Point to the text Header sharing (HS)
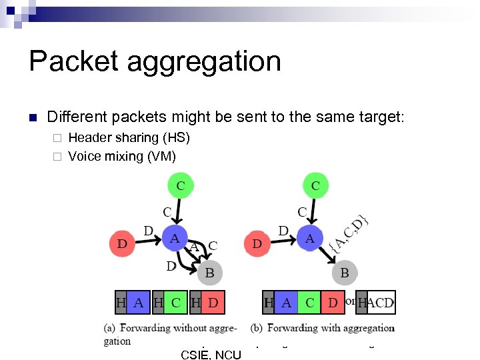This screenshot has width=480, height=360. click(x=129, y=138)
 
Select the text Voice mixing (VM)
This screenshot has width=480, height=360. click(x=122, y=157)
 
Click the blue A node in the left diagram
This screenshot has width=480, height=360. click(x=175, y=239)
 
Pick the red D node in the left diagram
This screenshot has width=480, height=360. click(x=122, y=244)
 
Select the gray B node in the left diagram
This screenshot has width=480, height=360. click(x=209, y=272)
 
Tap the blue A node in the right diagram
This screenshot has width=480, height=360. click(x=309, y=239)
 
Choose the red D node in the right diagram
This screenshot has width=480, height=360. click(x=257, y=244)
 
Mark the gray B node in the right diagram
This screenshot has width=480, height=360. click(x=345, y=272)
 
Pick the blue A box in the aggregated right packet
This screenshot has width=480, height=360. click(x=286, y=303)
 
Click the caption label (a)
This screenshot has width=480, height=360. click(x=111, y=328)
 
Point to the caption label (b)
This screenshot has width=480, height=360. click(x=257, y=328)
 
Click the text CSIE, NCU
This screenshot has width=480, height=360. click(x=211, y=355)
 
